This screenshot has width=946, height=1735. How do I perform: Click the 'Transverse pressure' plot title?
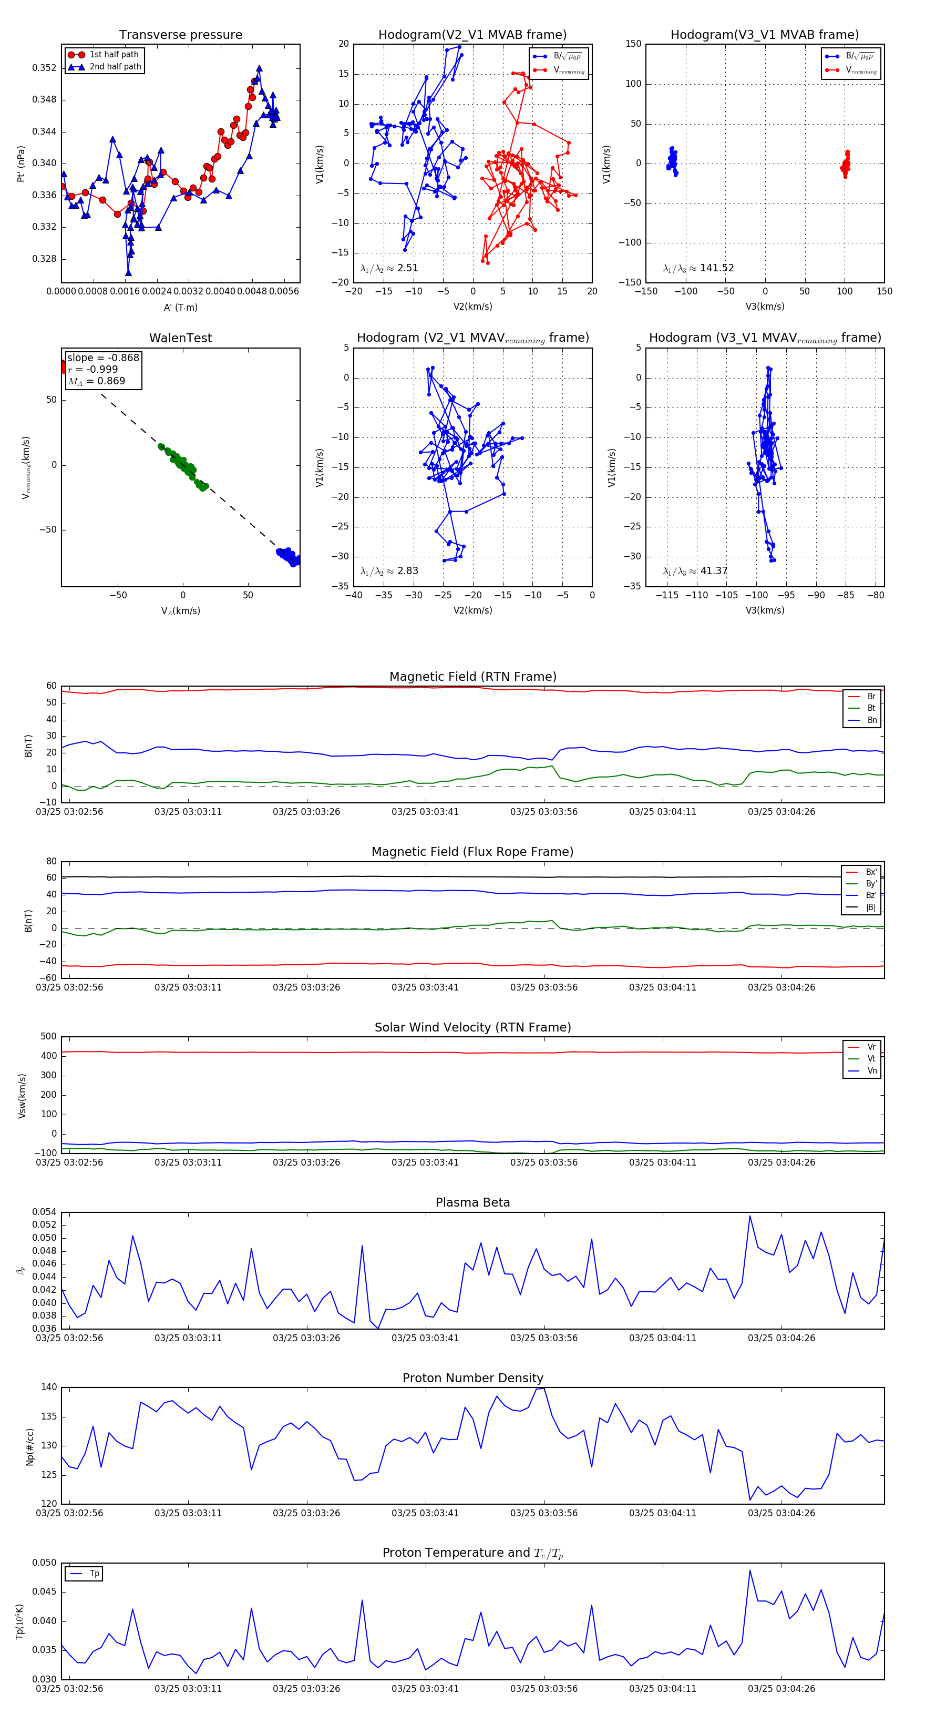pyautogui.click(x=180, y=35)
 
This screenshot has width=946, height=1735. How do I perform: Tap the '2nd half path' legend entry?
pyautogui.click(x=115, y=67)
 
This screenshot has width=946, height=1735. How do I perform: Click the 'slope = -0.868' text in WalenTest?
pyautogui.click(x=103, y=358)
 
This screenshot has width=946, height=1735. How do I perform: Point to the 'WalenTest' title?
pyautogui.click(x=180, y=338)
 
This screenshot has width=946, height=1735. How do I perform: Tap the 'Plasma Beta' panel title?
pyautogui.click(x=472, y=1202)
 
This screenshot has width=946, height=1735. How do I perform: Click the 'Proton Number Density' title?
pyautogui.click(x=472, y=1378)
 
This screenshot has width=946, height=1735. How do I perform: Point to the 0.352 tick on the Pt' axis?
pyautogui.click(x=45, y=68)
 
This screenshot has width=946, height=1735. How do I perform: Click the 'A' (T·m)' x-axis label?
pyautogui.click(x=180, y=307)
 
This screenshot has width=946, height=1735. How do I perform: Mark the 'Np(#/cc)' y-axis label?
pyautogui.click(x=29, y=1447)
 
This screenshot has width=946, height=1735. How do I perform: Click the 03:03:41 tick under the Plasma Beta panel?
pyautogui.click(x=425, y=1338)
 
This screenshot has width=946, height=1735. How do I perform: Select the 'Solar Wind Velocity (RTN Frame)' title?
pyautogui.click(x=472, y=1027)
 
